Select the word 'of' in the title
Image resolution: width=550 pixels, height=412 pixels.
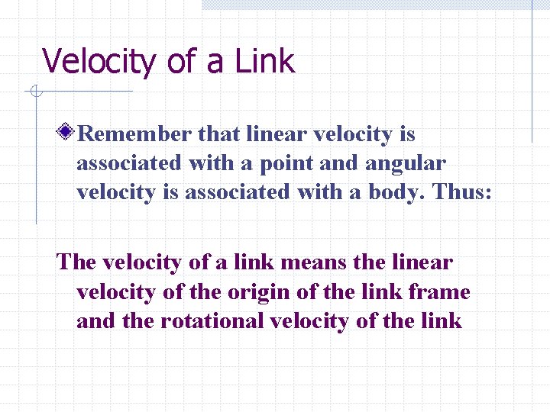tap(180, 61)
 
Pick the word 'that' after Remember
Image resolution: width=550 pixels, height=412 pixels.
tap(219, 134)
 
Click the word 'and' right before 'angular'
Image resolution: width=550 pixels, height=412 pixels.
tap(345, 163)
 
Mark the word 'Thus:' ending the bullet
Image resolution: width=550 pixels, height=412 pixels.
tap(464, 192)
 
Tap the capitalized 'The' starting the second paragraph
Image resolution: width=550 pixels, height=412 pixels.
tap(76, 262)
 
